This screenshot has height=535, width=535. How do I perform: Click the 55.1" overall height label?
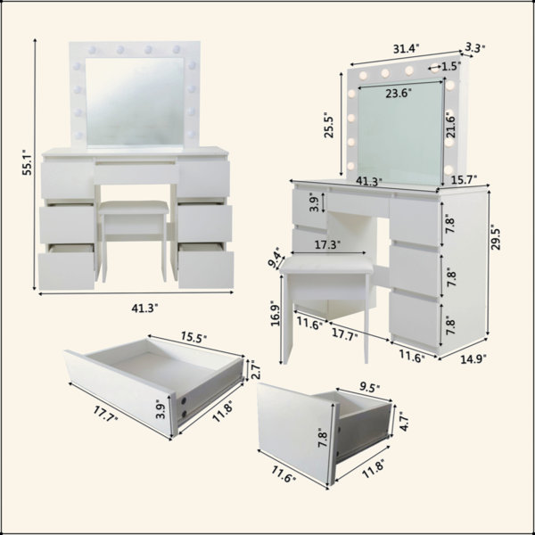click(x=27, y=162)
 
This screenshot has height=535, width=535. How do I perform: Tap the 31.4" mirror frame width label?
click(x=406, y=49)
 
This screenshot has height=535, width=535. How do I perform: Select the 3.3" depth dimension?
click(x=475, y=48)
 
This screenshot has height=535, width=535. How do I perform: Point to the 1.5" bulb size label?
click(x=451, y=66)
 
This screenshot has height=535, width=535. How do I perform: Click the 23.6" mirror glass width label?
click(x=399, y=93)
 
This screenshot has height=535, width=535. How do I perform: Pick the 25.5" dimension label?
click(x=329, y=125)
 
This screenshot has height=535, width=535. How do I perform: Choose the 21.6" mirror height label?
click(x=450, y=126)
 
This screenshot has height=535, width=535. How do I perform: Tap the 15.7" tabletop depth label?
click(x=464, y=179)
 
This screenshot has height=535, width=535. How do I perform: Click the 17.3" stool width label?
click(x=327, y=244)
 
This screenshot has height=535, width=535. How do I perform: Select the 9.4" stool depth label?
click(x=276, y=258)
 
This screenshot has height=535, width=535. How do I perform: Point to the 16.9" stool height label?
click(x=276, y=313)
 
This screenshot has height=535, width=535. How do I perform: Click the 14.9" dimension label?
click(x=473, y=359)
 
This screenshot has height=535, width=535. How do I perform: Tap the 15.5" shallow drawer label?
click(x=193, y=337)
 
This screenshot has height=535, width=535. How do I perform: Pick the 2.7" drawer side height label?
click(x=256, y=370)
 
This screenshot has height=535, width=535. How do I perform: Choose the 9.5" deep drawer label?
click(x=370, y=388)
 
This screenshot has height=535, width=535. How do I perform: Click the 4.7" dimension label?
click(x=403, y=422)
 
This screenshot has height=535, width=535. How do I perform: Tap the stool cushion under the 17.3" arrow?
click(x=326, y=263)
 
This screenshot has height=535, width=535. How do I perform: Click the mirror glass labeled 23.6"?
click(x=400, y=133)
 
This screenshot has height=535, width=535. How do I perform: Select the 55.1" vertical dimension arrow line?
click(x=35, y=164)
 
